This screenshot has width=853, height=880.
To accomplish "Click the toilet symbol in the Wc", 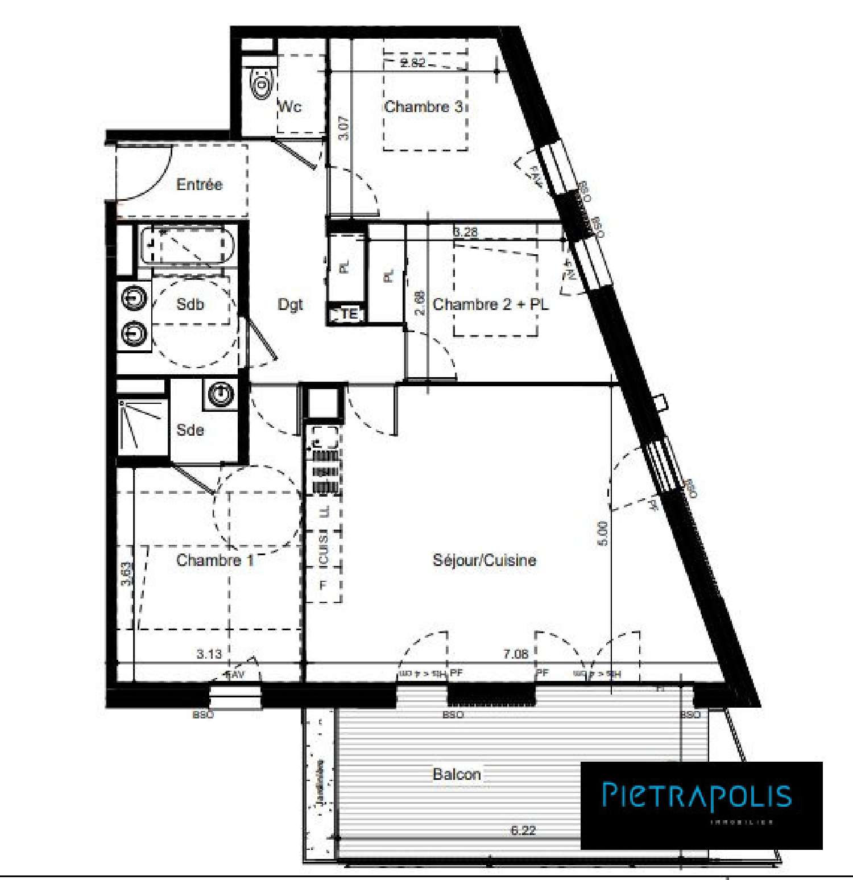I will [x=261, y=85].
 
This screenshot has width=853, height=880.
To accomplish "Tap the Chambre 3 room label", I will [x=424, y=106].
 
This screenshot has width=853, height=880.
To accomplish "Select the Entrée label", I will [x=199, y=184].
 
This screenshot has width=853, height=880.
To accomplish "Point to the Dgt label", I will [x=290, y=305].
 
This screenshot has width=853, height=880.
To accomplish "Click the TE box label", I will [x=349, y=313].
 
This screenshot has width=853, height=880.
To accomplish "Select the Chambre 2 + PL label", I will [x=491, y=304].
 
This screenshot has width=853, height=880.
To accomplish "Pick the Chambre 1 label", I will [x=214, y=560].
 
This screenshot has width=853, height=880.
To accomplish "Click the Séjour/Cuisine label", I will [x=485, y=560].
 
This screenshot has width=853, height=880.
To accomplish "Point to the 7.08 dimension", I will [x=515, y=654].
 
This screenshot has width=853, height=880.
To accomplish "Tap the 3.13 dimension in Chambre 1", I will [x=209, y=654].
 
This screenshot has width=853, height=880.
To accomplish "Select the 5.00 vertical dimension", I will [x=603, y=533].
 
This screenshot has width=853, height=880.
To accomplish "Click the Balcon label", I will [x=457, y=774].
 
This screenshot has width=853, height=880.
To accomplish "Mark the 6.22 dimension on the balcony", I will [x=523, y=830].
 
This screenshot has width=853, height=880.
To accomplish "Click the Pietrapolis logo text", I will [x=697, y=795].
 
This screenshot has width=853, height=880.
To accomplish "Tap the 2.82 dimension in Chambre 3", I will [x=412, y=63].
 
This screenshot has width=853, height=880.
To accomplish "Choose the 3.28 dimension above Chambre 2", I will [x=465, y=232].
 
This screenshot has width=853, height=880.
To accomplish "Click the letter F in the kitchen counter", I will [x=323, y=585].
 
